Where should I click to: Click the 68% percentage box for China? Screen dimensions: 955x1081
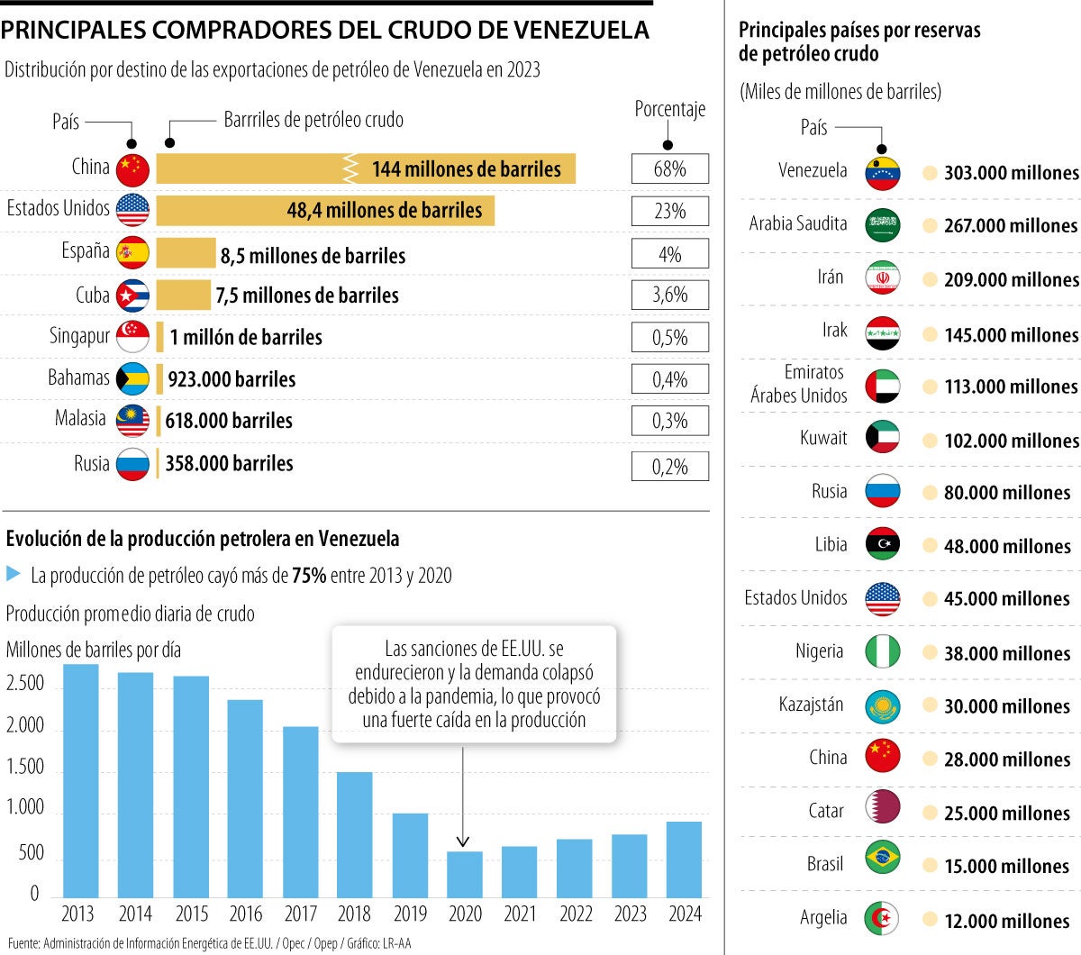click(669, 168)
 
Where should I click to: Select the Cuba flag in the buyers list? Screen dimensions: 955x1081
click(132, 295)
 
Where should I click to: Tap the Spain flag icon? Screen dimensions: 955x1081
click(132, 253)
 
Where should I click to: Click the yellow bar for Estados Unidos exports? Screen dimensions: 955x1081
click(324, 211)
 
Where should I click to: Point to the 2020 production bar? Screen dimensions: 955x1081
click(465, 874)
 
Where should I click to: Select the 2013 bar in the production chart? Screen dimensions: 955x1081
click(80, 780)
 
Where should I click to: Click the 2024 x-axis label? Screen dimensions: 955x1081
click(685, 914)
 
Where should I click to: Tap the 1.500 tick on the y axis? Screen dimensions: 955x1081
click(25, 767)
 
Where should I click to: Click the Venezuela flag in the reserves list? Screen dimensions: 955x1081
click(882, 173)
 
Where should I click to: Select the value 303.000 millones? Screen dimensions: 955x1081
click(1011, 173)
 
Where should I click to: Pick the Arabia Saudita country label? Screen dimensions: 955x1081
click(798, 223)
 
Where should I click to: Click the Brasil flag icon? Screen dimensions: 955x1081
click(882, 858)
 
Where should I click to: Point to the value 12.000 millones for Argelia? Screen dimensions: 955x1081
click(1006, 921)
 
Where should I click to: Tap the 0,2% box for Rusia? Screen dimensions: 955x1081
click(669, 467)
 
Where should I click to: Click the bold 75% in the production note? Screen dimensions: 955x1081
click(309, 576)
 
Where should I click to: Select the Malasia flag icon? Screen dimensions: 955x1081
click(132, 421)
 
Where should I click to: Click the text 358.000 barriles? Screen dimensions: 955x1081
click(229, 464)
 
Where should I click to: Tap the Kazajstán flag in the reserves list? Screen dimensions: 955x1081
click(882, 707)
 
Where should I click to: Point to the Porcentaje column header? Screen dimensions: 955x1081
click(669, 109)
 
